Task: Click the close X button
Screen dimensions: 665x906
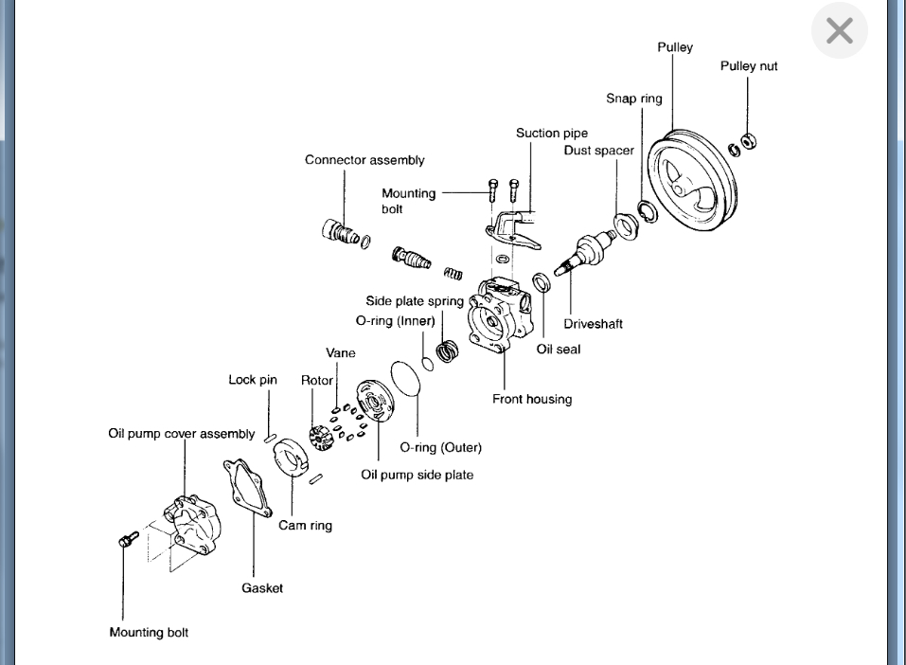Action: (839, 31)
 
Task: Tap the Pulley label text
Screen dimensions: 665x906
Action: (675, 47)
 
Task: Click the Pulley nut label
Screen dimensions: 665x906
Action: (749, 66)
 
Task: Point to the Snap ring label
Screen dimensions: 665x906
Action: (634, 99)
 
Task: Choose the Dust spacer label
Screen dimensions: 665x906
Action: (599, 151)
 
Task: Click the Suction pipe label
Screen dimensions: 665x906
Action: (552, 134)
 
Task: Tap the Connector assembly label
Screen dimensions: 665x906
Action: (364, 160)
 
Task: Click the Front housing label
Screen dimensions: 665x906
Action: (532, 399)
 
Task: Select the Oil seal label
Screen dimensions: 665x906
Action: (559, 349)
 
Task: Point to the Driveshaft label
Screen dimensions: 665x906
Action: (593, 324)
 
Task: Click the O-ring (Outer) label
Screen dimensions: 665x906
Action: (440, 447)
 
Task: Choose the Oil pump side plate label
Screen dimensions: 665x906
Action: (417, 475)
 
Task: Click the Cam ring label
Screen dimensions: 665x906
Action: (305, 525)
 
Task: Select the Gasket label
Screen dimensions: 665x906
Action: (262, 588)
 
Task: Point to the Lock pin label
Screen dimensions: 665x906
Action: (253, 380)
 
